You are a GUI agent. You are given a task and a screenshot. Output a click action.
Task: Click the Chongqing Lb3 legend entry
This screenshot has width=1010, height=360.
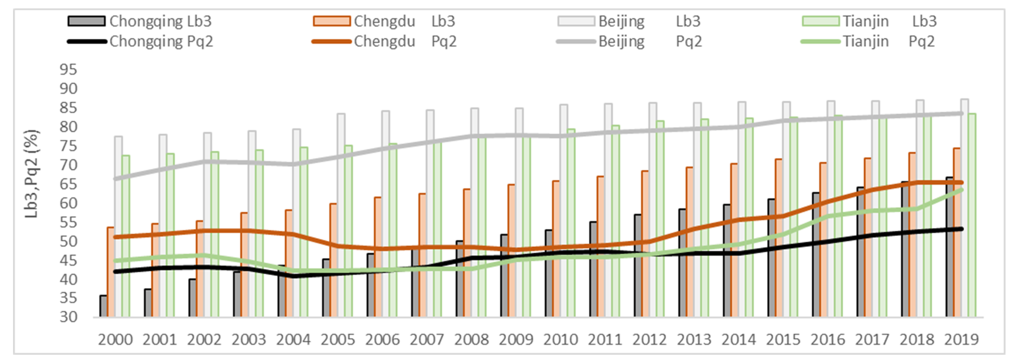[x=139, y=21]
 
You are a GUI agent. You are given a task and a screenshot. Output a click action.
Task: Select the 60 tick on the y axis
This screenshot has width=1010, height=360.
[x=68, y=203]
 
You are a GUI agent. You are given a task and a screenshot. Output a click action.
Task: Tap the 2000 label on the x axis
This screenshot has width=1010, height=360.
[x=115, y=340]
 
